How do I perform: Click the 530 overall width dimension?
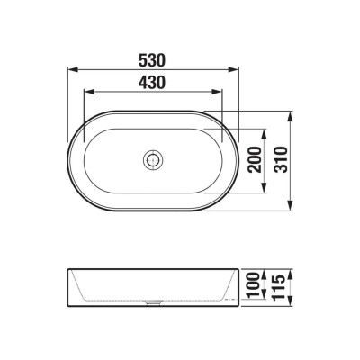click(153, 58)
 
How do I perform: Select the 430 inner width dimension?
click(153, 82)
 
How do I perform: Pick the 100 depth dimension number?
click(256, 286)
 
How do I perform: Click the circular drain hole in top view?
click(153, 160)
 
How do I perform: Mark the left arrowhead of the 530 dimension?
click(72, 69)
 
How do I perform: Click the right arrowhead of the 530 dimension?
click(236, 69)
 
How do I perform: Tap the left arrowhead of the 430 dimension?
click(87, 92)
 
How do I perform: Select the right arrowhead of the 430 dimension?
click(220, 92)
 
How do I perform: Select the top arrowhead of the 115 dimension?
click(291, 270)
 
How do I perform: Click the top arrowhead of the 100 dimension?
click(265, 274)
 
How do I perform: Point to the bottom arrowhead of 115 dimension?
click(291, 303)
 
